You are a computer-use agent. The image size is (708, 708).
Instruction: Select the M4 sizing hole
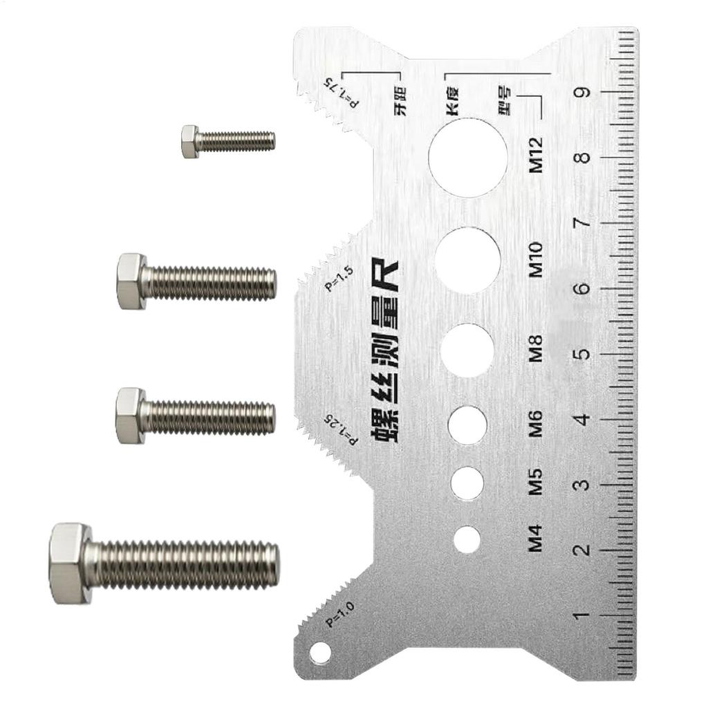click(467, 539)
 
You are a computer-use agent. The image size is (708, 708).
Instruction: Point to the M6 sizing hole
click(467, 425)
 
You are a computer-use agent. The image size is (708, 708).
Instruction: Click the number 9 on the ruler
click(583, 93)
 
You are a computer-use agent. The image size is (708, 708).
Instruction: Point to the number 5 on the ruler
click(583, 353)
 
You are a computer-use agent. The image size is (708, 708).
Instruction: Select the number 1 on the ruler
click(583, 615)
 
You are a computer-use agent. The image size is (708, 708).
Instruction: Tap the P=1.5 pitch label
click(339, 278)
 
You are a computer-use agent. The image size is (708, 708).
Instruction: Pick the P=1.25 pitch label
click(340, 429)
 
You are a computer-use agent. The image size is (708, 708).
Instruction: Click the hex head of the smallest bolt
click(191, 141)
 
